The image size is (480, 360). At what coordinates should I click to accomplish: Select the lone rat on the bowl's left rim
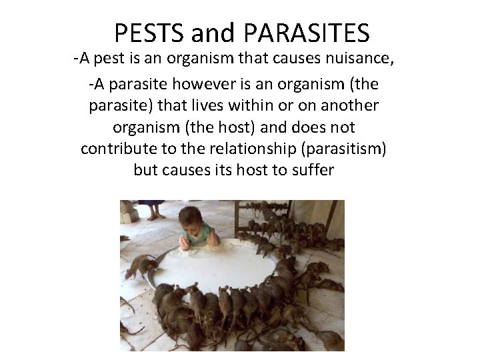(x=141, y=266)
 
